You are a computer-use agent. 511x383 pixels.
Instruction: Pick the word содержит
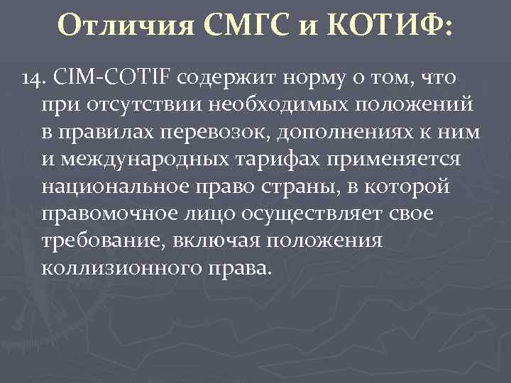tap(220, 76)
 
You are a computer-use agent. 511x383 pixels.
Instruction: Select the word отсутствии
tap(143, 104)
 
